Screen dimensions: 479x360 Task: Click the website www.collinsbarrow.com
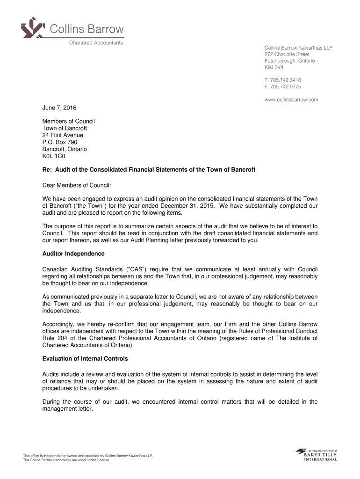291,99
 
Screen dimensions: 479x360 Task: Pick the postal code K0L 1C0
53,156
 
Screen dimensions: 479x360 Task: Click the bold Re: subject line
149,169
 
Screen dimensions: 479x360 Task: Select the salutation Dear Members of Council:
77,185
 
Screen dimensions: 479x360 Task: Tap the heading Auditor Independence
73,254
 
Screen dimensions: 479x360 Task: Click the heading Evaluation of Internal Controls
85,359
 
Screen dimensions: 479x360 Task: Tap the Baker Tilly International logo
316,455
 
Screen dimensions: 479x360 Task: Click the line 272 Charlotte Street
287,54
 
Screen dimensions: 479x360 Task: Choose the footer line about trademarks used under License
67,460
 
